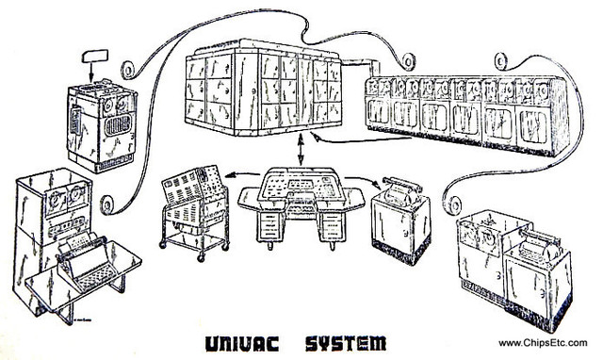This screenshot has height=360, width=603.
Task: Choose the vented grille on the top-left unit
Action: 115,124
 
